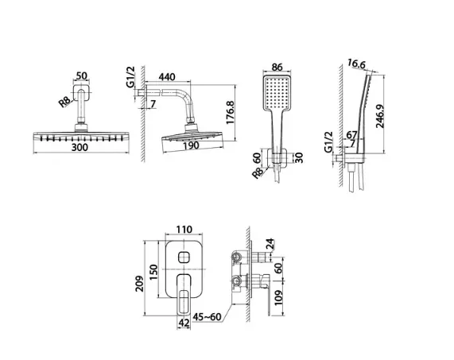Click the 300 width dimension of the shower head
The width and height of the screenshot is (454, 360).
pos(80,147)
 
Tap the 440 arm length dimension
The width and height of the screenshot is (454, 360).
pos(167,76)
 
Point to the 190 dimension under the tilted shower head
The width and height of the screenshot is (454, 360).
pos(191,145)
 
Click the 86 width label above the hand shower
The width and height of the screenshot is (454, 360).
pos(277,67)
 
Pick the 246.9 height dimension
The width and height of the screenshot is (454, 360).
pos(380,116)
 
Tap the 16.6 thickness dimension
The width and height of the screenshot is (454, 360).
pos(356,64)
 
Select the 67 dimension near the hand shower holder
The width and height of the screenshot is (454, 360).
pos(351,135)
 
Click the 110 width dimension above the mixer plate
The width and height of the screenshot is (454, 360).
pos(184,230)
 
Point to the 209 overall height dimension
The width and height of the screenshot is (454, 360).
pos(140,284)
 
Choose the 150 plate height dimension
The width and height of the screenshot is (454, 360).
pos(153,272)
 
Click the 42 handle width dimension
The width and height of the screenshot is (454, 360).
pos(184,323)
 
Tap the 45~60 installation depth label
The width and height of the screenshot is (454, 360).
pos(208,317)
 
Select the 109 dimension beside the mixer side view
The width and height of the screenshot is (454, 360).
pos(278,297)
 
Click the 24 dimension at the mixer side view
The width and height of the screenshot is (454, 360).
pos(270,244)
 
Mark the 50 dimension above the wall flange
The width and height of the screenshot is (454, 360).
pos(81,75)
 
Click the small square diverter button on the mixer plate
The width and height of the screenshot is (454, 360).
pos(184,257)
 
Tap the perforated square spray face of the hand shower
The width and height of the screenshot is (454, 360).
pos(277,93)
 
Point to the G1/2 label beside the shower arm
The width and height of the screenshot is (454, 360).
pos(130,77)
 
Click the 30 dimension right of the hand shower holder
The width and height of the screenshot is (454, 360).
pos(299,157)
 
